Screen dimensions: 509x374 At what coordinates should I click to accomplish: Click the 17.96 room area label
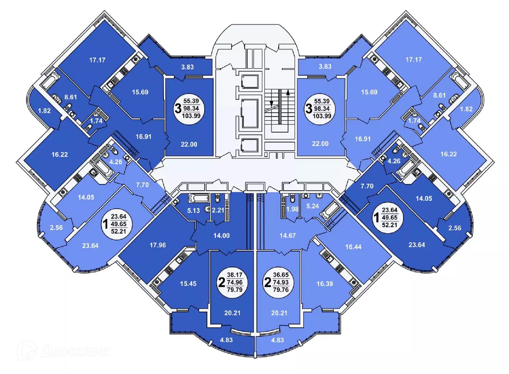click(158, 245)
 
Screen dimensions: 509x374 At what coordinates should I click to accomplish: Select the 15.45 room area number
click(188, 283)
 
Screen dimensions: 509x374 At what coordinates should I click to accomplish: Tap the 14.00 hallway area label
click(222, 235)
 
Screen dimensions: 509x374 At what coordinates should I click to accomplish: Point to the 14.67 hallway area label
click(288, 235)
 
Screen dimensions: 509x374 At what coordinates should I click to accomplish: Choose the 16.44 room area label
click(353, 247)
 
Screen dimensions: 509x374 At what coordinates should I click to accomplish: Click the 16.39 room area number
click(325, 284)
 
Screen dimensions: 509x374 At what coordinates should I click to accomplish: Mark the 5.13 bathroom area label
click(194, 210)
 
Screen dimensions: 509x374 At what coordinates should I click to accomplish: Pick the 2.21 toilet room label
click(218, 210)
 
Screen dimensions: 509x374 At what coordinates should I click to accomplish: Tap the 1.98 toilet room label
click(292, 209)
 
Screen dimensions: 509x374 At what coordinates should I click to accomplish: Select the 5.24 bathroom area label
click(313, 206)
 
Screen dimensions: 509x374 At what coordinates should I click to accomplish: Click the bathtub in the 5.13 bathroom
click(199, 198)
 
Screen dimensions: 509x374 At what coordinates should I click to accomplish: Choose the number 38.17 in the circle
click(235, 275)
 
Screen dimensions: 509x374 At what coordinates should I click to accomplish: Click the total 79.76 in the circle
click(281, 290)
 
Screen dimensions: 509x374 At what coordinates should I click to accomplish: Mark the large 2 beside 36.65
click(268, 282)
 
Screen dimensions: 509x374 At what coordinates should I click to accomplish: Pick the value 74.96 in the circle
click(235, 282)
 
